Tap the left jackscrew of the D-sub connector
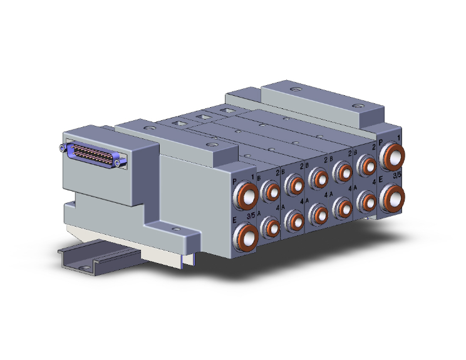click(x=61, y=148)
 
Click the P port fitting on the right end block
click(x=394, y=157)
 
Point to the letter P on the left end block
click(x=234, y=182)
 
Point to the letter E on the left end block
click(x=234, y=219)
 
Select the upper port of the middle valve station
click(x=319, y=178)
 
